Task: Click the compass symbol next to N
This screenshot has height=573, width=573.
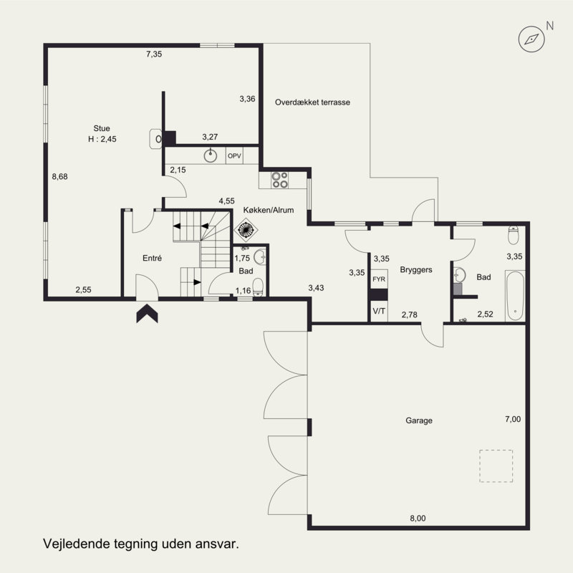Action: pos(531,39)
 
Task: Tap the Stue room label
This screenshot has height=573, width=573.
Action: pos(102,128)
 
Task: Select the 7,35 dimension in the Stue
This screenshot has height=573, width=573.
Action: pos(154,54)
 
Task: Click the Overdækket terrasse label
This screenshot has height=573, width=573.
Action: pos(312,102)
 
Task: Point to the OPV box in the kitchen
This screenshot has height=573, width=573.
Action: pos(234,156)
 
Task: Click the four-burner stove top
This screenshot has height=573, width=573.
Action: pos(280,180)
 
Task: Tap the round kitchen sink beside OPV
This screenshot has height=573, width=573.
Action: pos(210,155)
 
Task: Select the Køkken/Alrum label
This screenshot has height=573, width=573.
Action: pos(269,210)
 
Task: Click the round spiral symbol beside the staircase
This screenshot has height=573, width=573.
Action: pos(246,230)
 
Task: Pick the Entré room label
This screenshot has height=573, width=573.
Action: pos(152,258)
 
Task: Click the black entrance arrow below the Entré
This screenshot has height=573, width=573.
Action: pos(148,313)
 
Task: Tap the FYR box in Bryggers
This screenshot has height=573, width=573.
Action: pos(379,279)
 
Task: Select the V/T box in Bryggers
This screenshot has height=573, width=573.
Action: pos(379,312)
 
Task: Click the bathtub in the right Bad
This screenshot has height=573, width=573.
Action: pos(515,296)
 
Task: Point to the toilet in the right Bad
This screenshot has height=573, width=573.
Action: pos(514,236)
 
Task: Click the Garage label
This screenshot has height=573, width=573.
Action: pos(419,420)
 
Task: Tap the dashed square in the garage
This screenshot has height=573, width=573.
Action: pos(496,466)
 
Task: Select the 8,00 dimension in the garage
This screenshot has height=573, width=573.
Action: pos(418,518)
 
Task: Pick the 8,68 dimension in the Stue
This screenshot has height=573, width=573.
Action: pos(59,177)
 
